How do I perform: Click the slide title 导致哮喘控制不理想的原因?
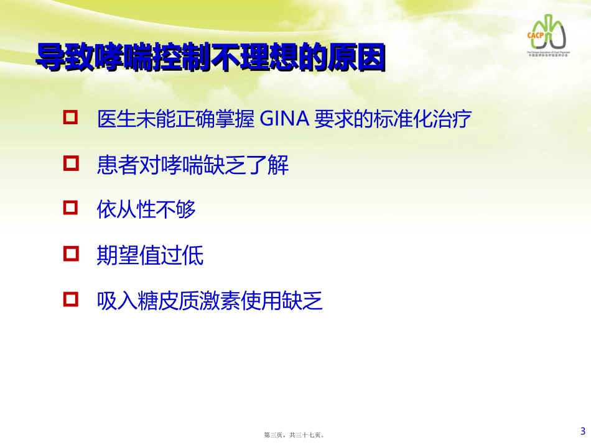[210, 58]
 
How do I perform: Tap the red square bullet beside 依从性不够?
[72, 208]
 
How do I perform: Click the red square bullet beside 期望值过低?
[72, 253]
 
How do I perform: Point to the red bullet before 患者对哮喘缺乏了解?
[72, 163]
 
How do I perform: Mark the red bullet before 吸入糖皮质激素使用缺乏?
[72, 300]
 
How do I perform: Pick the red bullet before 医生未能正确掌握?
[72, 117]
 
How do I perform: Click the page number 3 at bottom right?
[582, 431]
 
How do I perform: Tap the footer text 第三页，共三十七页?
[295, 436]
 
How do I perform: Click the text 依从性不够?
[146, 209]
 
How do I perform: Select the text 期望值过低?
[150, 255]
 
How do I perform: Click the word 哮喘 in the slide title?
[124, 58]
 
